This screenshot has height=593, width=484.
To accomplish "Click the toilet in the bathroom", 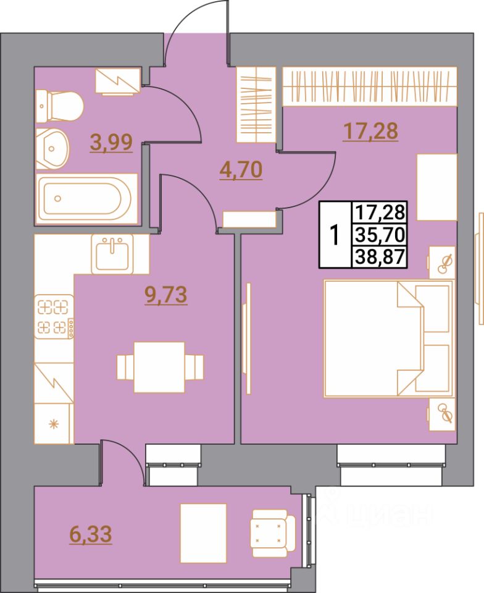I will [x=59, y=106].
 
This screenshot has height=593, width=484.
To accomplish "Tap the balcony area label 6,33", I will [x=91, y=534].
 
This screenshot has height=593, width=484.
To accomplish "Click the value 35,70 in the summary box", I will [x=378, y=234].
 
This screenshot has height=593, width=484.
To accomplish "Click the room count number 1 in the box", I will [x=334, y=235].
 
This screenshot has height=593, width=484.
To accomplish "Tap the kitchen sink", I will [x=112, y=253].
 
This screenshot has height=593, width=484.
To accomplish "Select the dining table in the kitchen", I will [x=160, y=367].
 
